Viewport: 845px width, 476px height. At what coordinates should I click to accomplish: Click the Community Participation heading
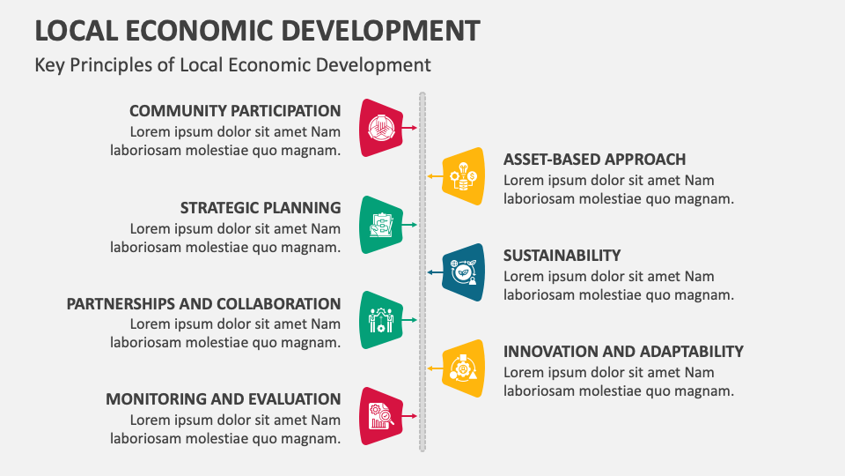(235, 111)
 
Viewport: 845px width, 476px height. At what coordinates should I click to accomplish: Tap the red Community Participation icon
(381, 128)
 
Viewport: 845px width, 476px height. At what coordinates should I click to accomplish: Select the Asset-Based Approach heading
(594, 160)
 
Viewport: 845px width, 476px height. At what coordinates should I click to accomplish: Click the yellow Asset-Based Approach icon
(463, 176)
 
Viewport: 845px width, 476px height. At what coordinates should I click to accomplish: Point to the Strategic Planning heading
(261, 208)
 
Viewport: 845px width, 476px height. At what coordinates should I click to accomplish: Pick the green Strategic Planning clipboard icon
(381, 225)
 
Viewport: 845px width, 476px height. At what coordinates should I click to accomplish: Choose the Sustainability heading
(562, 256)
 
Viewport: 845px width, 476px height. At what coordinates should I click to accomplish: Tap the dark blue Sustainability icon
(463, 272)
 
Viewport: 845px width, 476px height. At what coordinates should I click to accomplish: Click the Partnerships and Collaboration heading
(203, 304)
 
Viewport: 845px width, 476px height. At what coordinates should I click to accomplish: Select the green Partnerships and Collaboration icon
(381, 320)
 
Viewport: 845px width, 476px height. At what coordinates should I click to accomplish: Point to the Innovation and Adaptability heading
(623, 352)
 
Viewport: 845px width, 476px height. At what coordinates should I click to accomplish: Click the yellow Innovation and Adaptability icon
(463, 368)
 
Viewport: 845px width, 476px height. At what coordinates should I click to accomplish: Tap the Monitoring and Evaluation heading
(223, 398)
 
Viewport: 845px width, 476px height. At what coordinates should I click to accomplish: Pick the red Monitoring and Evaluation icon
(381, 416)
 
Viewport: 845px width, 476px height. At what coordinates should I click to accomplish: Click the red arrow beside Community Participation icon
(410, 128)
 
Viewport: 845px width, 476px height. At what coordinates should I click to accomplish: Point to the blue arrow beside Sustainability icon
(434, 272)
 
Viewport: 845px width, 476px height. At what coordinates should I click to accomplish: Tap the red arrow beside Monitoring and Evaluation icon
(410, 416)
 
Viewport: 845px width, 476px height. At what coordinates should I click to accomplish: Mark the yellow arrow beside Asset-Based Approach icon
(434, 176)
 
